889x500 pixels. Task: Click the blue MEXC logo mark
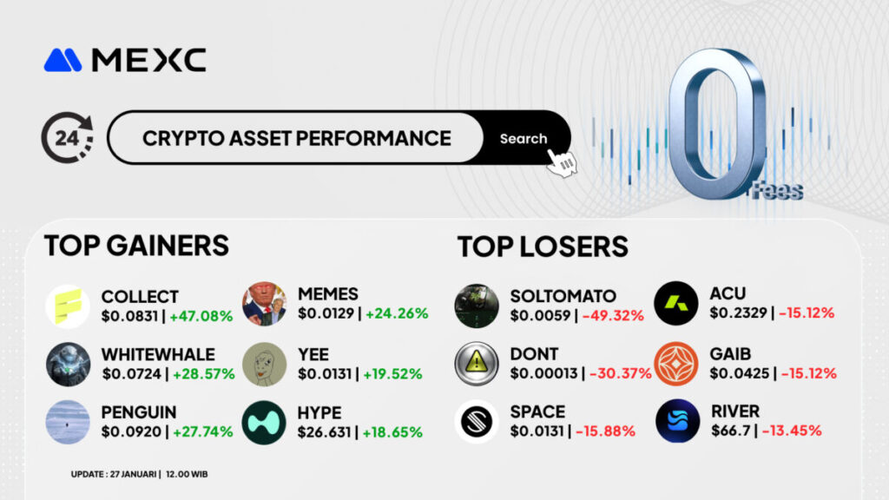point(63,60)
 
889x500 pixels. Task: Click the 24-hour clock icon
point(67,138)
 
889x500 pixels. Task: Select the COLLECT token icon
point(68,306)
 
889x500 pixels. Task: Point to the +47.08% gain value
point(201,316)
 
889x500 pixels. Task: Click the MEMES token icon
point(264,304)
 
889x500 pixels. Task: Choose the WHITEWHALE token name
point(158,354)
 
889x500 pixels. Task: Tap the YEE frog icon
point(264,364)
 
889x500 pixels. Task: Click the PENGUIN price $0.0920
point(132,432)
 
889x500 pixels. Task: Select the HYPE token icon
point(264,423)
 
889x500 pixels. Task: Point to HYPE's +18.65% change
point(392,432)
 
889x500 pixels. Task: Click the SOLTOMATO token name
point(563,296)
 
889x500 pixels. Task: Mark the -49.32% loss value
point(613,316)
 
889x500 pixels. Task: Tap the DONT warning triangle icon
point(477,364)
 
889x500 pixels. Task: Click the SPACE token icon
point(477,421)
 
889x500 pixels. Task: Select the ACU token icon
point(675,303)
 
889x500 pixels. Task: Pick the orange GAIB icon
point(675,364)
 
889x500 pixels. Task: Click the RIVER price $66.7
point(731,431)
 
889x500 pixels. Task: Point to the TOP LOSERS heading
point(543,247)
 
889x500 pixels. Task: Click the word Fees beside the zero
point(777,191)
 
